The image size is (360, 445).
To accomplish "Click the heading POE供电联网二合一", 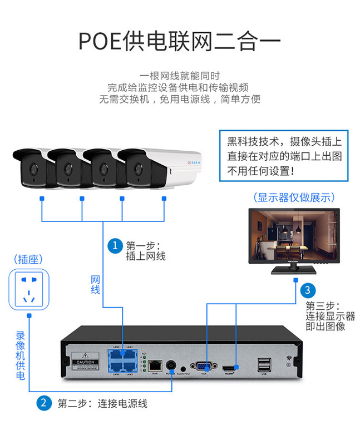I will click(179, 41).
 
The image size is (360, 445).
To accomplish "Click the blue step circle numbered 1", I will click(115, 245).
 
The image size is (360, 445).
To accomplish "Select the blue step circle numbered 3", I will click(307, 290).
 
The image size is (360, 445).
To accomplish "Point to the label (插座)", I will click(29, 259).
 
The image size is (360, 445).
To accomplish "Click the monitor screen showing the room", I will click(294, 238).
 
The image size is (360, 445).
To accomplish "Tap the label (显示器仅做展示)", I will click(293, 197).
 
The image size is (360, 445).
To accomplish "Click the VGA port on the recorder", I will click(200, 367).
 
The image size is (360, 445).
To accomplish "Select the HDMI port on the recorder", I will click(229, 368).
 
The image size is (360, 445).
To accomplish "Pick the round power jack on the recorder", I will click(170, 365).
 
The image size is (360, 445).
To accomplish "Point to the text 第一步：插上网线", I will click(146, 250).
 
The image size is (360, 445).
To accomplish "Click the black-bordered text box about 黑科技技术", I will click(284, 155).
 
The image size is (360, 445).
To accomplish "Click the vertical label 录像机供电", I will click(20, 356).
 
